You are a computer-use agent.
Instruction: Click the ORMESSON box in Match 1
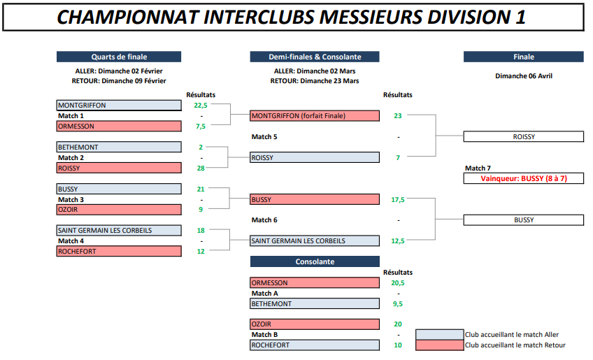(119, 127)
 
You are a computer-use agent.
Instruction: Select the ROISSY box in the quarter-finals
(119, 168)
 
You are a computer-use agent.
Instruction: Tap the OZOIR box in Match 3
(119, 210)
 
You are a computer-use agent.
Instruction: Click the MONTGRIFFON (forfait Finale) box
(315, 116)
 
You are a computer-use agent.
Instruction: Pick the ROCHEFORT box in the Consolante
(315, 345)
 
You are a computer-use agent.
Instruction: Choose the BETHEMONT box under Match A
(315, 303)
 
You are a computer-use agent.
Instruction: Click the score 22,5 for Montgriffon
(201, 106)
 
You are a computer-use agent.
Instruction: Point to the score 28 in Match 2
(201, 168)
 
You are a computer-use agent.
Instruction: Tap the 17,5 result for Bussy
(398, 200)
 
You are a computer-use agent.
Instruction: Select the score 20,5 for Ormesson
(398, 283)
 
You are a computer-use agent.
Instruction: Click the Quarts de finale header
(119, 57)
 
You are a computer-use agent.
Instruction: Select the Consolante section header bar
(315, 261)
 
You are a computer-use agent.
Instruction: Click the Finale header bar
(523, 57)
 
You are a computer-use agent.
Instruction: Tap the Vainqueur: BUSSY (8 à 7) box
(523, 178)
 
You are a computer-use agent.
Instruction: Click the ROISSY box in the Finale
(523, 136)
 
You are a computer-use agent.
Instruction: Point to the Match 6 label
(264, 220)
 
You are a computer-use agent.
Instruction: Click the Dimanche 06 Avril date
(524, 76)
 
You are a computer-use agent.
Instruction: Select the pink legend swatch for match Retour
(439, 345)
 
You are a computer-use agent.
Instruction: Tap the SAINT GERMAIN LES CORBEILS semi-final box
(315, 241)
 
